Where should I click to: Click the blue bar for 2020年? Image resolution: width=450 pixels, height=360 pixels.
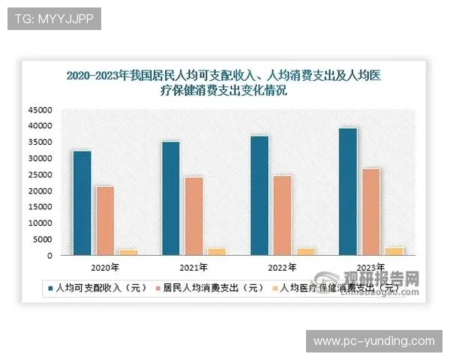82,203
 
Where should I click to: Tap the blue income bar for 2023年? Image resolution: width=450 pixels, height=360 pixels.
348,191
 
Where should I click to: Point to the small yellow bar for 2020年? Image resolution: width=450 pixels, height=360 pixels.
128,252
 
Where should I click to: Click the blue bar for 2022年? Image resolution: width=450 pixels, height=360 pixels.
259,196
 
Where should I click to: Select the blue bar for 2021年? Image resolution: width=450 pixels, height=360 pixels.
171,199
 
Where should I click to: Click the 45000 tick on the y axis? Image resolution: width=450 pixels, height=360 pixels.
40,110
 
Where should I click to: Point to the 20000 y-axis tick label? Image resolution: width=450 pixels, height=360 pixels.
40,191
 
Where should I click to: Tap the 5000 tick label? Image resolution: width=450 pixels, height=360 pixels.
42,240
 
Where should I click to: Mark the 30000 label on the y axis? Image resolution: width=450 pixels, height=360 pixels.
40,159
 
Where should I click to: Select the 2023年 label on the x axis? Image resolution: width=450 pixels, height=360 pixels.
358,267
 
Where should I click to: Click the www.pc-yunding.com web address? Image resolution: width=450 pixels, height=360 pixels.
373,341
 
